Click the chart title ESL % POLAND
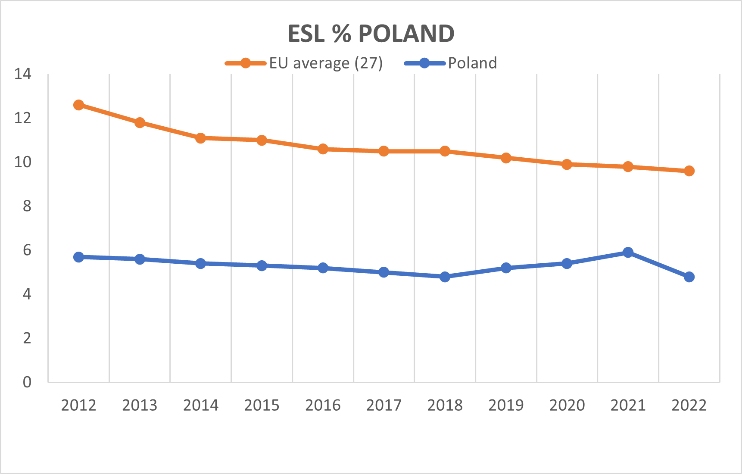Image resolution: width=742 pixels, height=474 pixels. click(x=371, y=34)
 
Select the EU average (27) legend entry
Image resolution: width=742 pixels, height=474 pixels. click(x=304, y=63)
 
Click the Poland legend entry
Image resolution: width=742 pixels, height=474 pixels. click(x=450, y=63)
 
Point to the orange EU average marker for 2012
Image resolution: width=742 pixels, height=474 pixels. click(x=78, y=105)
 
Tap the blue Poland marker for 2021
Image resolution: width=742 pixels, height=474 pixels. click(x=628, y=252)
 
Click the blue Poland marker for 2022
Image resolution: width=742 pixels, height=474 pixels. click(x=689, y=277)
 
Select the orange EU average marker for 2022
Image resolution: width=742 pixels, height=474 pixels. click(x=689, y=171)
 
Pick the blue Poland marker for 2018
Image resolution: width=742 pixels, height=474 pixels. click(x=445, y=277)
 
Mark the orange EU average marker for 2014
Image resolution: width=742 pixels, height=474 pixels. click(x=200, y=138)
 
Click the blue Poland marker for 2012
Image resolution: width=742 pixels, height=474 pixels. click(x=78, y=257)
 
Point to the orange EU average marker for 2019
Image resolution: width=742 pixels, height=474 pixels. click(x=506, y=158)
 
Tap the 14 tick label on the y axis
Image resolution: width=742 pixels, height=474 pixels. click(x=23, y=74)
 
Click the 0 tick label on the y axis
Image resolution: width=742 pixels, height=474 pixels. click(x=27, y=382)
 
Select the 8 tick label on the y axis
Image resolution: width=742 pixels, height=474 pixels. click(x=27, y=206)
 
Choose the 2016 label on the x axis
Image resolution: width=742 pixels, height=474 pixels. click(x=323, y=405)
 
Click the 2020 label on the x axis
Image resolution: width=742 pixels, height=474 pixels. click(x=567, y=405)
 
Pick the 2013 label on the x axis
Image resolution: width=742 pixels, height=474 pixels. click(x=140, y=405)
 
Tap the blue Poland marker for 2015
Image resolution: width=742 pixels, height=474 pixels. click(x=262, y=265)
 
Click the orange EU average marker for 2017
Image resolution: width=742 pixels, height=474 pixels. click(x=383, y=151)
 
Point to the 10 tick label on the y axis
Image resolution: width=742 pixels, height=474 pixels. click(x=23, y=162)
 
